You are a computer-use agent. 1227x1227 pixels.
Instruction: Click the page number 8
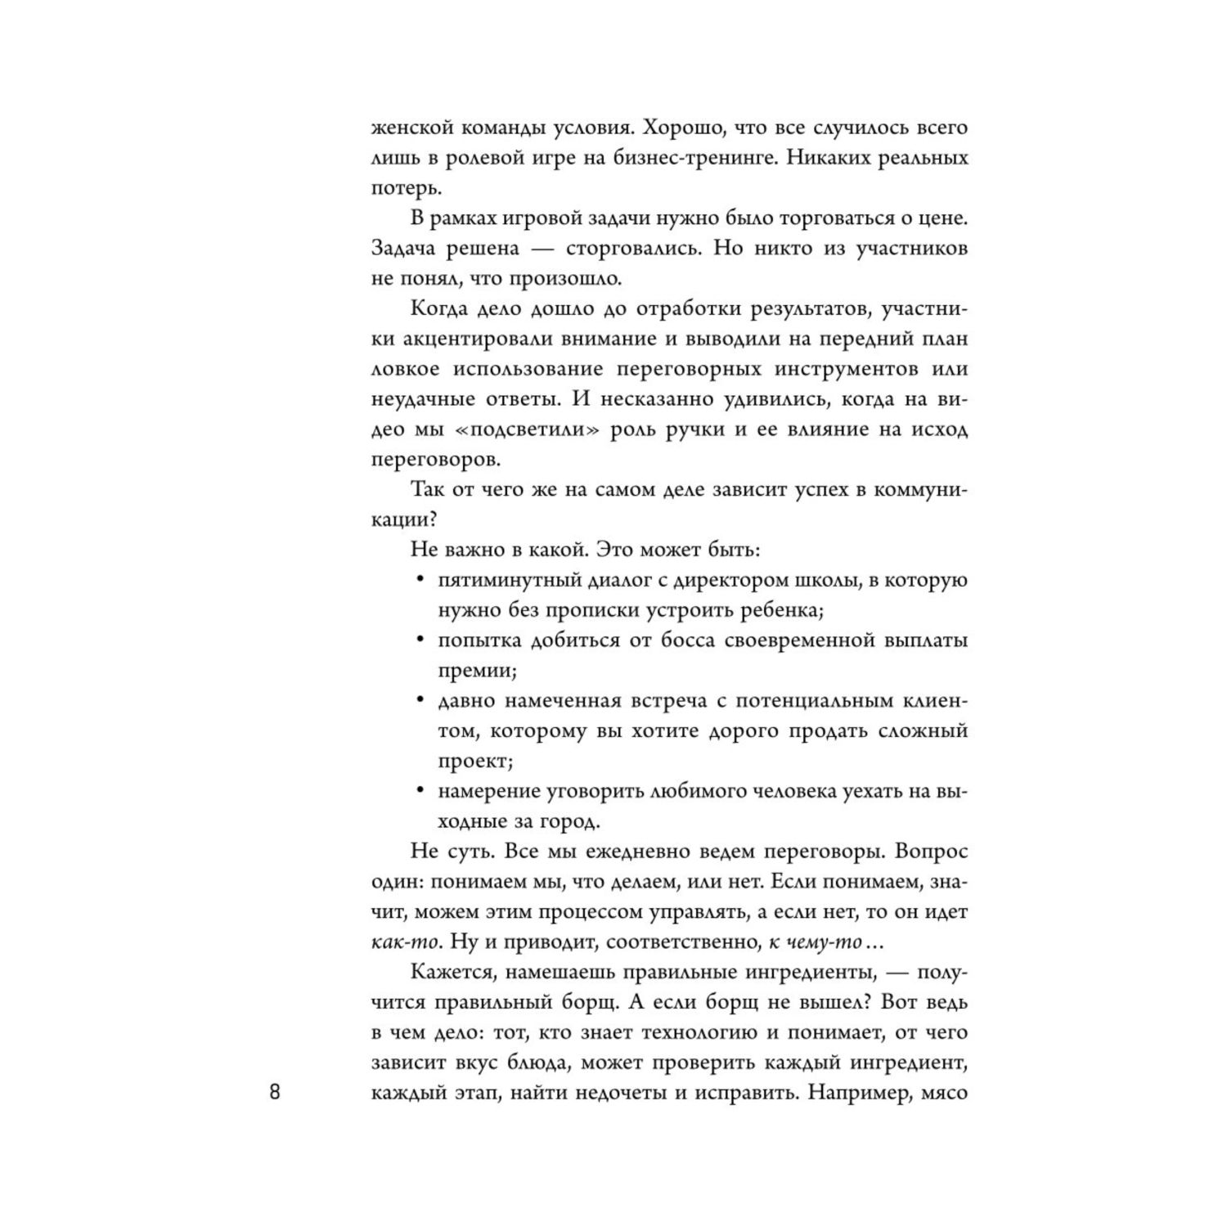275,1093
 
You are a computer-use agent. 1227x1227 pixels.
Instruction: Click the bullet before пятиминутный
420,580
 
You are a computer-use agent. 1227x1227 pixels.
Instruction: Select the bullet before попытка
420,640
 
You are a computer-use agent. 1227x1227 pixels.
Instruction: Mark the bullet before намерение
420,791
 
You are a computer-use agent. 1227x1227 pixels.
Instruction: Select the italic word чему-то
824,942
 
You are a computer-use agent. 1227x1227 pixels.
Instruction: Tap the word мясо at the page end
945,1093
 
